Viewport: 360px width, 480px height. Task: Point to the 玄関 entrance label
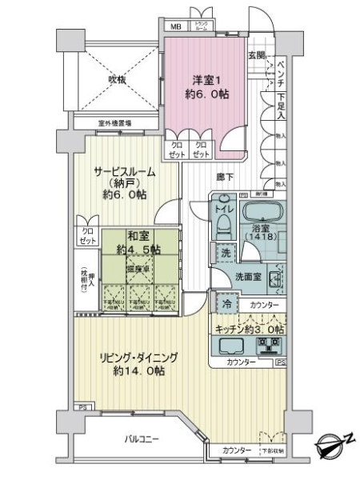[x=256, y=55]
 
